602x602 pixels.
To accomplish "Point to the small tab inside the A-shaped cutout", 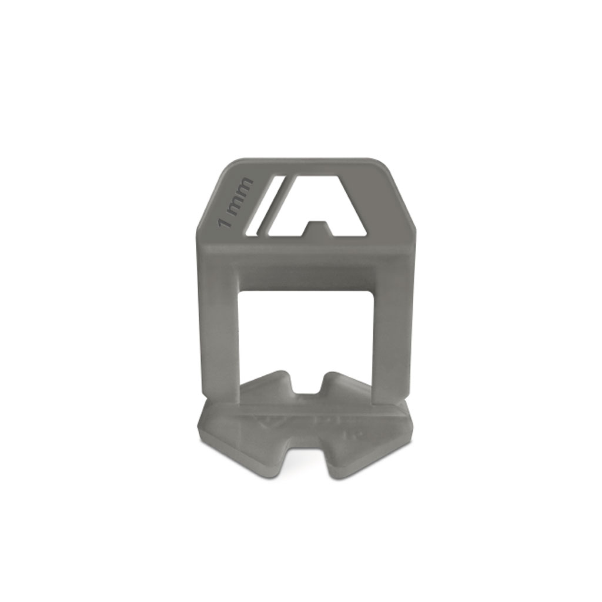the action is click(x=318, y=228).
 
